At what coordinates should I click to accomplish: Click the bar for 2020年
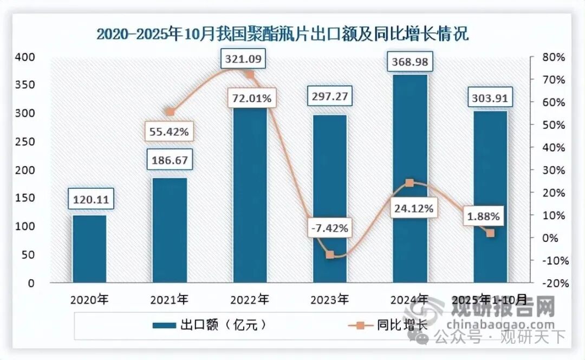pyautogui.click(x=89, y=249)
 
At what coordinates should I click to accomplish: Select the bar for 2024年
pyautogui.click(x=410, y=179)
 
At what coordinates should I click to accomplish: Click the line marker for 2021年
pyautogui.click(x=170, y=112)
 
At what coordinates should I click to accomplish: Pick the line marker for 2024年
pyautogui.click(x=410, y=183)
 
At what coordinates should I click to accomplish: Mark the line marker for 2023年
pyautogui.click(x=330, y=254)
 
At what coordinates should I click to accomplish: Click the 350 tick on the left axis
pyautogui.click(x=26, y=85)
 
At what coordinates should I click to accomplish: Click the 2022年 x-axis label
pyautogui.click(x=250, y=299)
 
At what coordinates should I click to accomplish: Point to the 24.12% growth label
pyautogui.click(x=413, y=207)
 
